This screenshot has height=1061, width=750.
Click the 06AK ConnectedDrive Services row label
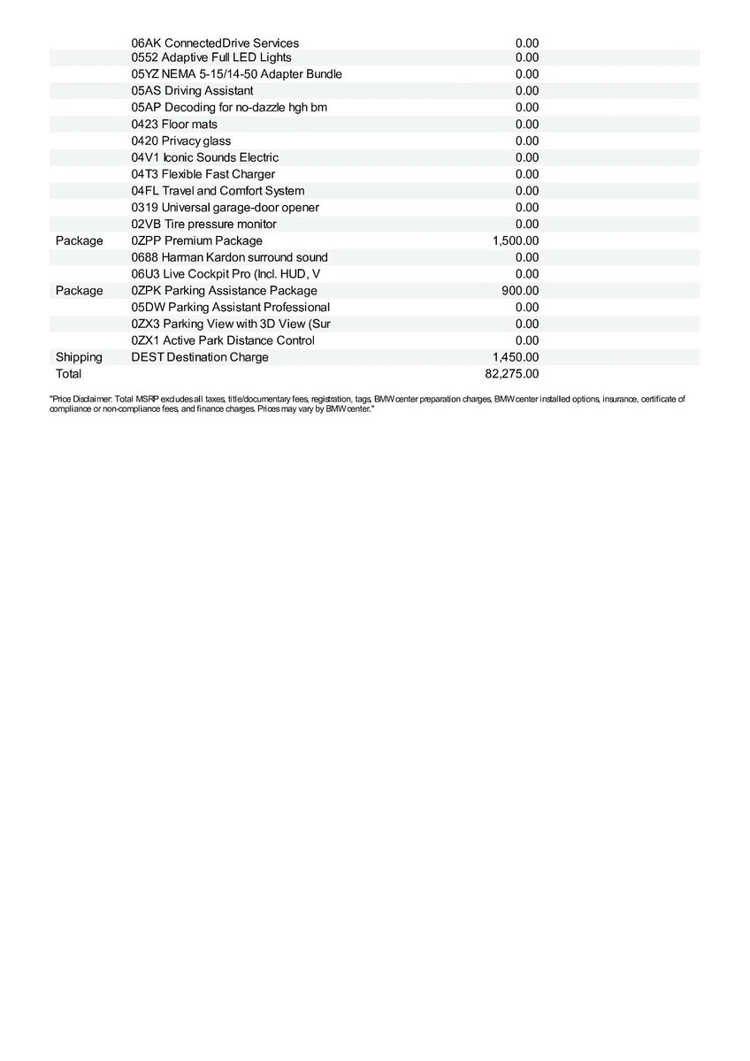pyautogui.click(x=215, y=43)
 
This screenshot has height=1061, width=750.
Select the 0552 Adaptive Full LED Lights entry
pyautogui.click(x=211, y=57)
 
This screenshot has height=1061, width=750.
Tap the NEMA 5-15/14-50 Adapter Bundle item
pyautogui.click(x=236, y=74)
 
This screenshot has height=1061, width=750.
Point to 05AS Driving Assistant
pyautogui.click(x=192, y=91)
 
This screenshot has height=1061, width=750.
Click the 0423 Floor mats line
pyautogui.click(x=174, y=125)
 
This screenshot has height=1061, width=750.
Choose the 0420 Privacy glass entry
pyautogui.click(x=181, y=141)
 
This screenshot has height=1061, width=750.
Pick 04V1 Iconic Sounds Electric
pyautogui.click(x=205, y=157)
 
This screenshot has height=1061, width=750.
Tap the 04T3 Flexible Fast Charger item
pyautogui.click(x=203, y=174)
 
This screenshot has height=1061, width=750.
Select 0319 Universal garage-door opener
pyautogui.click(x=226, y=208)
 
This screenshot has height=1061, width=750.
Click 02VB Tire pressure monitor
pyautogui.click(x=204, y=225)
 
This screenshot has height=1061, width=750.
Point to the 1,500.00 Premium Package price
pyautogui.click(x=516, y=240)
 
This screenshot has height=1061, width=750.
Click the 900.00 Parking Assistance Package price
pyautogui.click(x=520, y=291)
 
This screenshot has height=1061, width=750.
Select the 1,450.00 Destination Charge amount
pyautogui.click(x=516, y=357)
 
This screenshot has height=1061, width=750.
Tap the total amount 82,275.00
pyautogui.click(x=512, y=374)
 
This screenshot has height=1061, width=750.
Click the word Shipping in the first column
pyautogui.click(x=79, y=357)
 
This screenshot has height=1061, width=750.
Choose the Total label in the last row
pyautogui.click(x=68, y=374)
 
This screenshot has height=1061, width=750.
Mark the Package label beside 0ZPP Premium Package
pyautogui.click(x=79, y=240)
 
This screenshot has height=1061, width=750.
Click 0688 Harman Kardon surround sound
pyautogui.click(x=230, y=257)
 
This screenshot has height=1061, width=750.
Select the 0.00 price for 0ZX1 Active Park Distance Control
pyautogui.click(x=527, y=340)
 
